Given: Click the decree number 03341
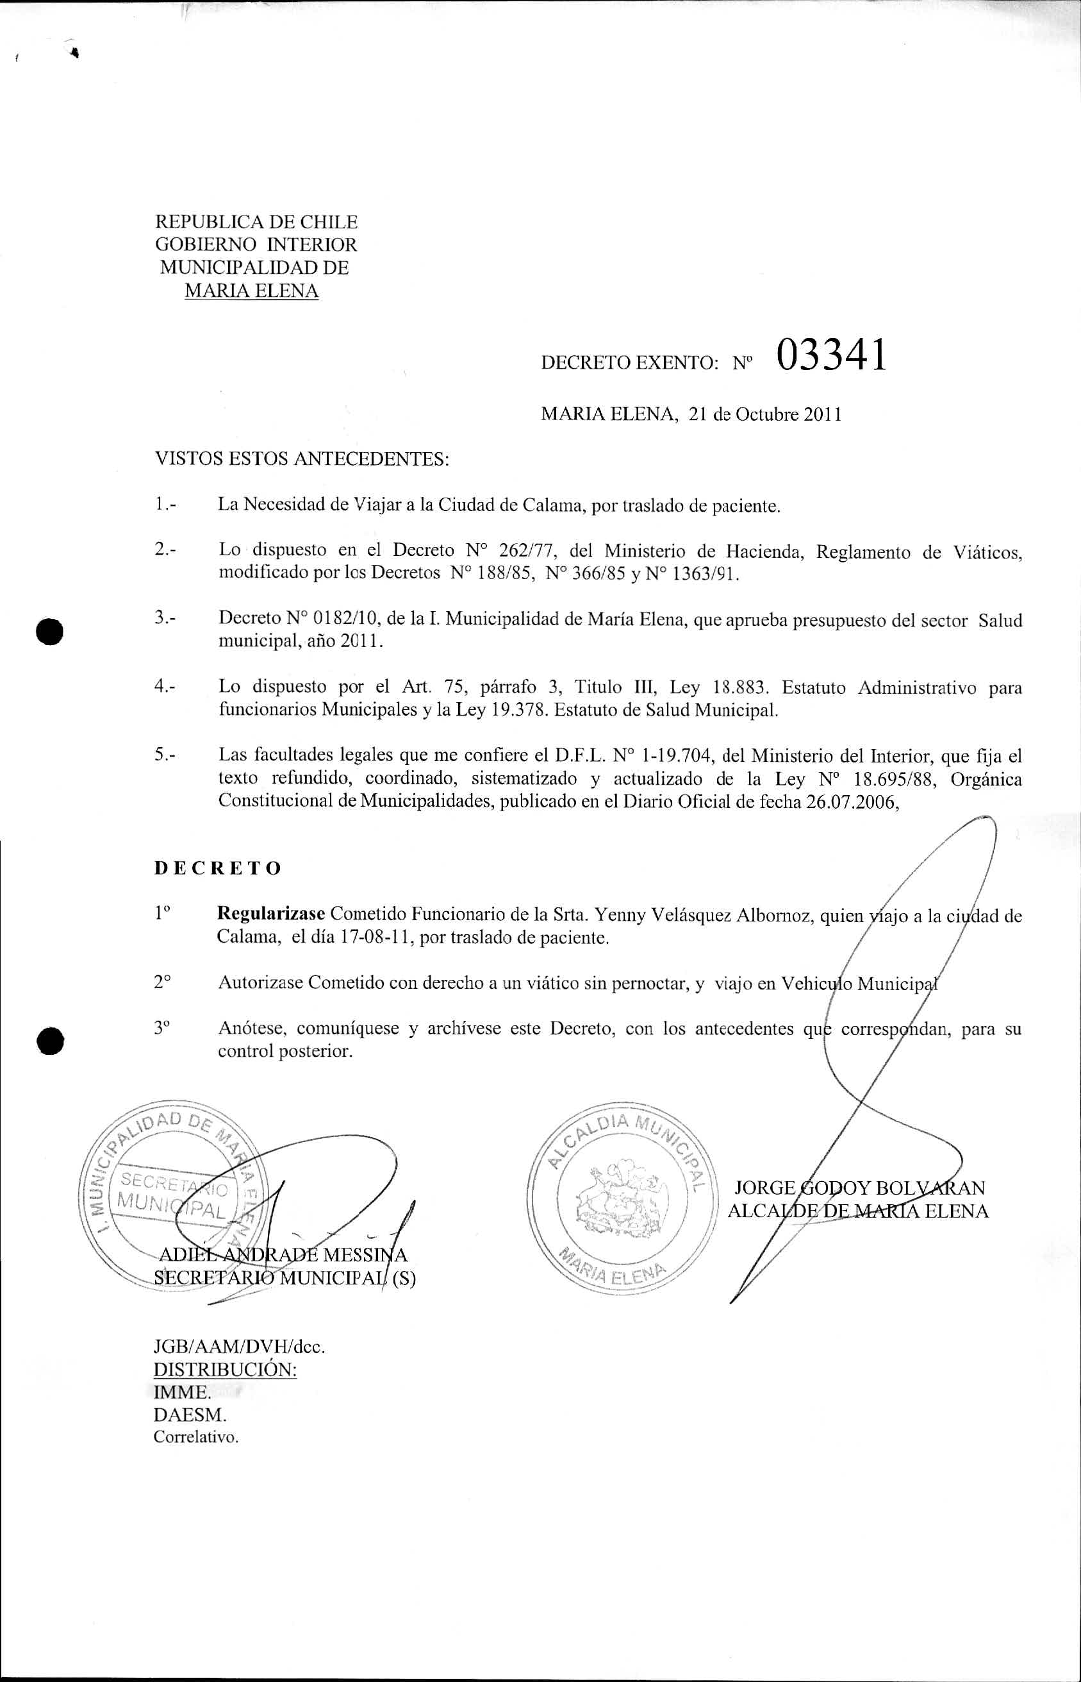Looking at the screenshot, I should (831, 355).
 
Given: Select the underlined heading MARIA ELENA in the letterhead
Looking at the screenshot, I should (251, 290).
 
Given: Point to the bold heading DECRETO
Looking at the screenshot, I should (218, 868).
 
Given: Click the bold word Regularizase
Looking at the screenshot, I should (271, 914).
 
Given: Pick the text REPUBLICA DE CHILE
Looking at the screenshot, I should (256, 222).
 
